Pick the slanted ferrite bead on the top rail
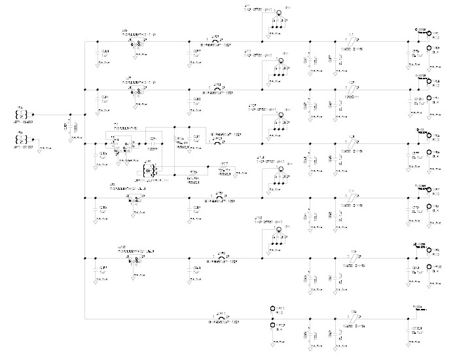coord(351,41)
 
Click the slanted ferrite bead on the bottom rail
coord(351,317)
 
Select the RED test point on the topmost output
coord(429,33)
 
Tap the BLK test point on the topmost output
coord(429,48)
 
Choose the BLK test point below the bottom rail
coord(272,325)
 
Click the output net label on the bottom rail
coord(417,308)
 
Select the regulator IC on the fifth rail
coord(138,260)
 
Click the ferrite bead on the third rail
coord(351,143)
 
